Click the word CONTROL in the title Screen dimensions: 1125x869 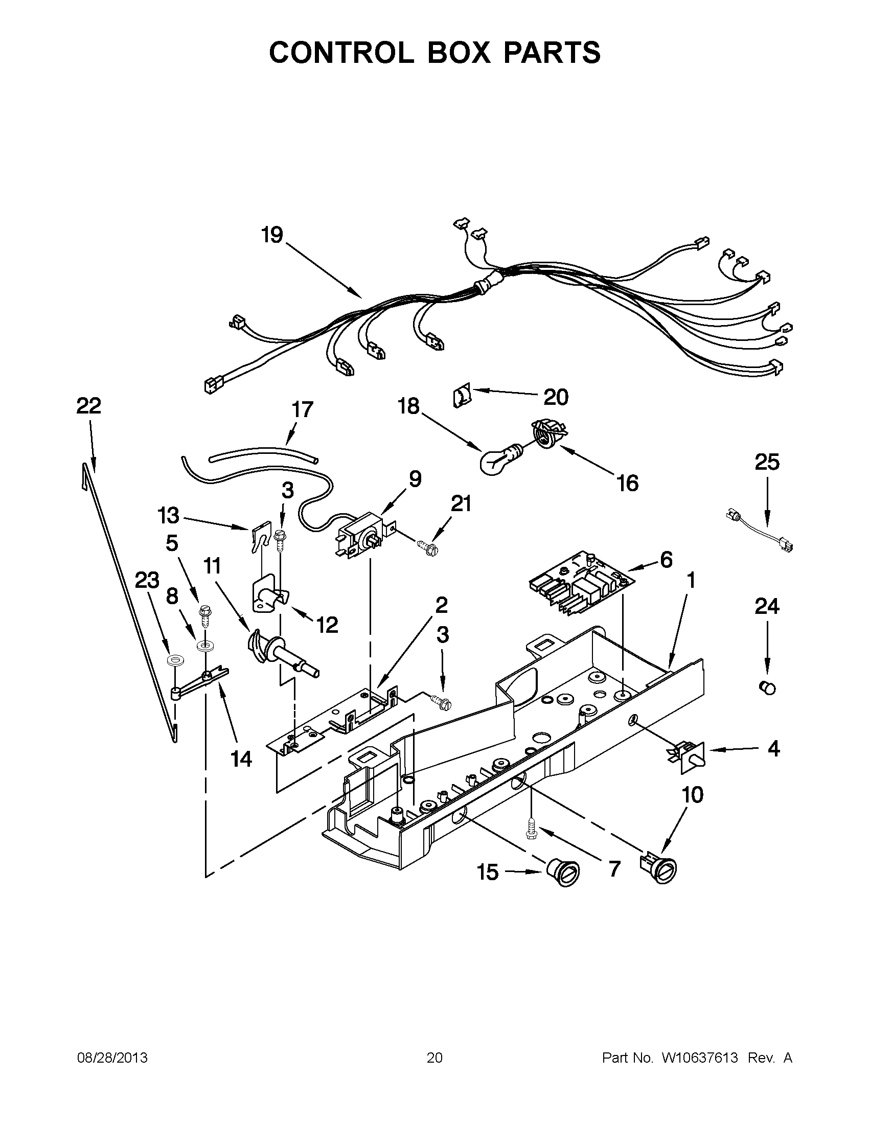(x=341, y=53)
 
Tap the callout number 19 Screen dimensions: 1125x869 (x=272, y=235)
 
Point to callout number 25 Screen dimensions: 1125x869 (x=766, y=462)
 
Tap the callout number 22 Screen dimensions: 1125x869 (x=88, y=406)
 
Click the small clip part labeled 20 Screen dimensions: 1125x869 (x=462, y=398)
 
